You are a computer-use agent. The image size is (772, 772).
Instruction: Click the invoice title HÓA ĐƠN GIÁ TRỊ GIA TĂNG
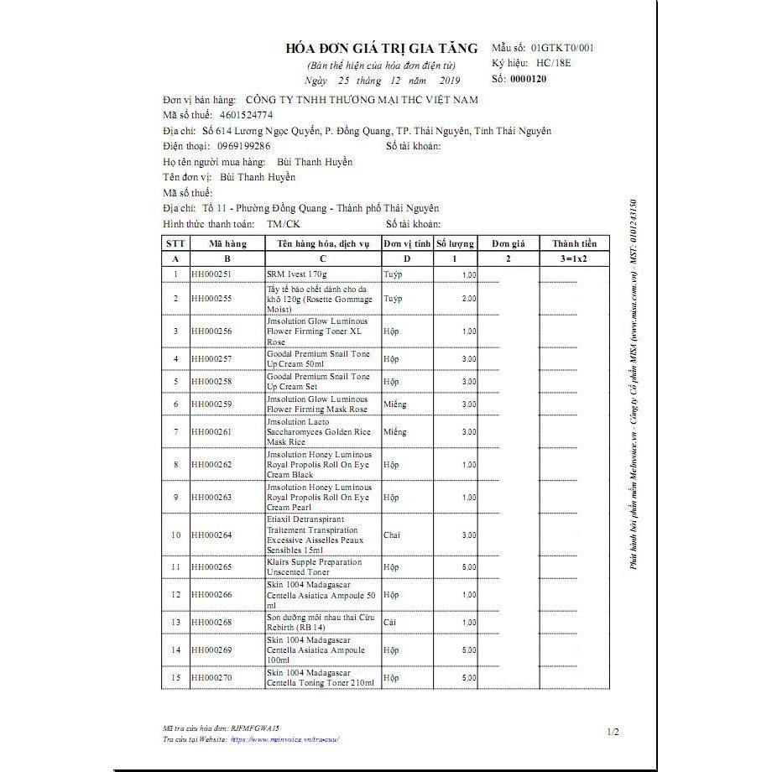[x=382, y=48]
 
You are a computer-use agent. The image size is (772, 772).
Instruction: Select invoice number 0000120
[x=528, y=79]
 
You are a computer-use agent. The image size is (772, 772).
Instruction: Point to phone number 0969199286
[x=244, y=146]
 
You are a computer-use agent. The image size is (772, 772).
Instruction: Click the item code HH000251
[x=211, y=274]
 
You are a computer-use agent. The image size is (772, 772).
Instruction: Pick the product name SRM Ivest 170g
[x=296, y=274]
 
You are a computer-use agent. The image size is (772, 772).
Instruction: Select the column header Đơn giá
[x=508, y=243]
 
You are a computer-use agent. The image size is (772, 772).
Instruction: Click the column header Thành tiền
[x=575, y=243]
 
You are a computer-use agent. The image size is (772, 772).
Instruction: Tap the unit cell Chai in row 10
[x=392, y=535]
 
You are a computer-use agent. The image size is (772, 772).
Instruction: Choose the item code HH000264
[x=211, y=535]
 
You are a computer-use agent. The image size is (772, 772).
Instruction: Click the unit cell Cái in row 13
[x=390, y=623]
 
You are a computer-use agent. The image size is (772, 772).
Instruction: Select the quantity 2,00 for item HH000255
[x=468, y=299]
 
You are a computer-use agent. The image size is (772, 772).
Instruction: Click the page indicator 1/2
[x=613, y=733]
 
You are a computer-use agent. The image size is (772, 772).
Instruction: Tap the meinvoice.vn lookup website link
[x=287, y=740]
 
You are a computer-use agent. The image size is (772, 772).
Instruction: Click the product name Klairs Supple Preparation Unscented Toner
[x=314, y=567]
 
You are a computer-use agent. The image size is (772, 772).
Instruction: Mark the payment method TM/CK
[x=283, y=224]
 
